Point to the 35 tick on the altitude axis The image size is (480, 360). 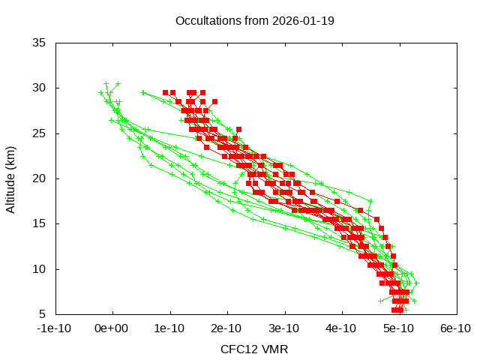click(40, 43)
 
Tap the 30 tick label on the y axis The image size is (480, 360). click(40, 88)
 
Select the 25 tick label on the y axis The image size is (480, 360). click(40, 133)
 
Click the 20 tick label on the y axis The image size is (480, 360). click(40, 178)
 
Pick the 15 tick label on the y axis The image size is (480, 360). click(40, 223)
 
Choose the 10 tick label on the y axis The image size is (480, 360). click(40, 268)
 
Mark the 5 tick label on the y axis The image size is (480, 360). click(43, 313)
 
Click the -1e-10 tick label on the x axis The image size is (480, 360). click(55, 328)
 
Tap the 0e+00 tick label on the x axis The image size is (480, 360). click(113, 328)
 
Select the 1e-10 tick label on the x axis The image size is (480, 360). click(170, 328)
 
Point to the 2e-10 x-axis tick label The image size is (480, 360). click(227, 328)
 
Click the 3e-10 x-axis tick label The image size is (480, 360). click(284, 328)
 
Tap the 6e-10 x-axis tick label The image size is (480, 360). click(455, 328)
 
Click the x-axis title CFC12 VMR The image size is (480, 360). click(254, 349)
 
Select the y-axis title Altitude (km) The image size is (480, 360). click(11, 178)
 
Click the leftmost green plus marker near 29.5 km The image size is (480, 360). click(100, 92)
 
